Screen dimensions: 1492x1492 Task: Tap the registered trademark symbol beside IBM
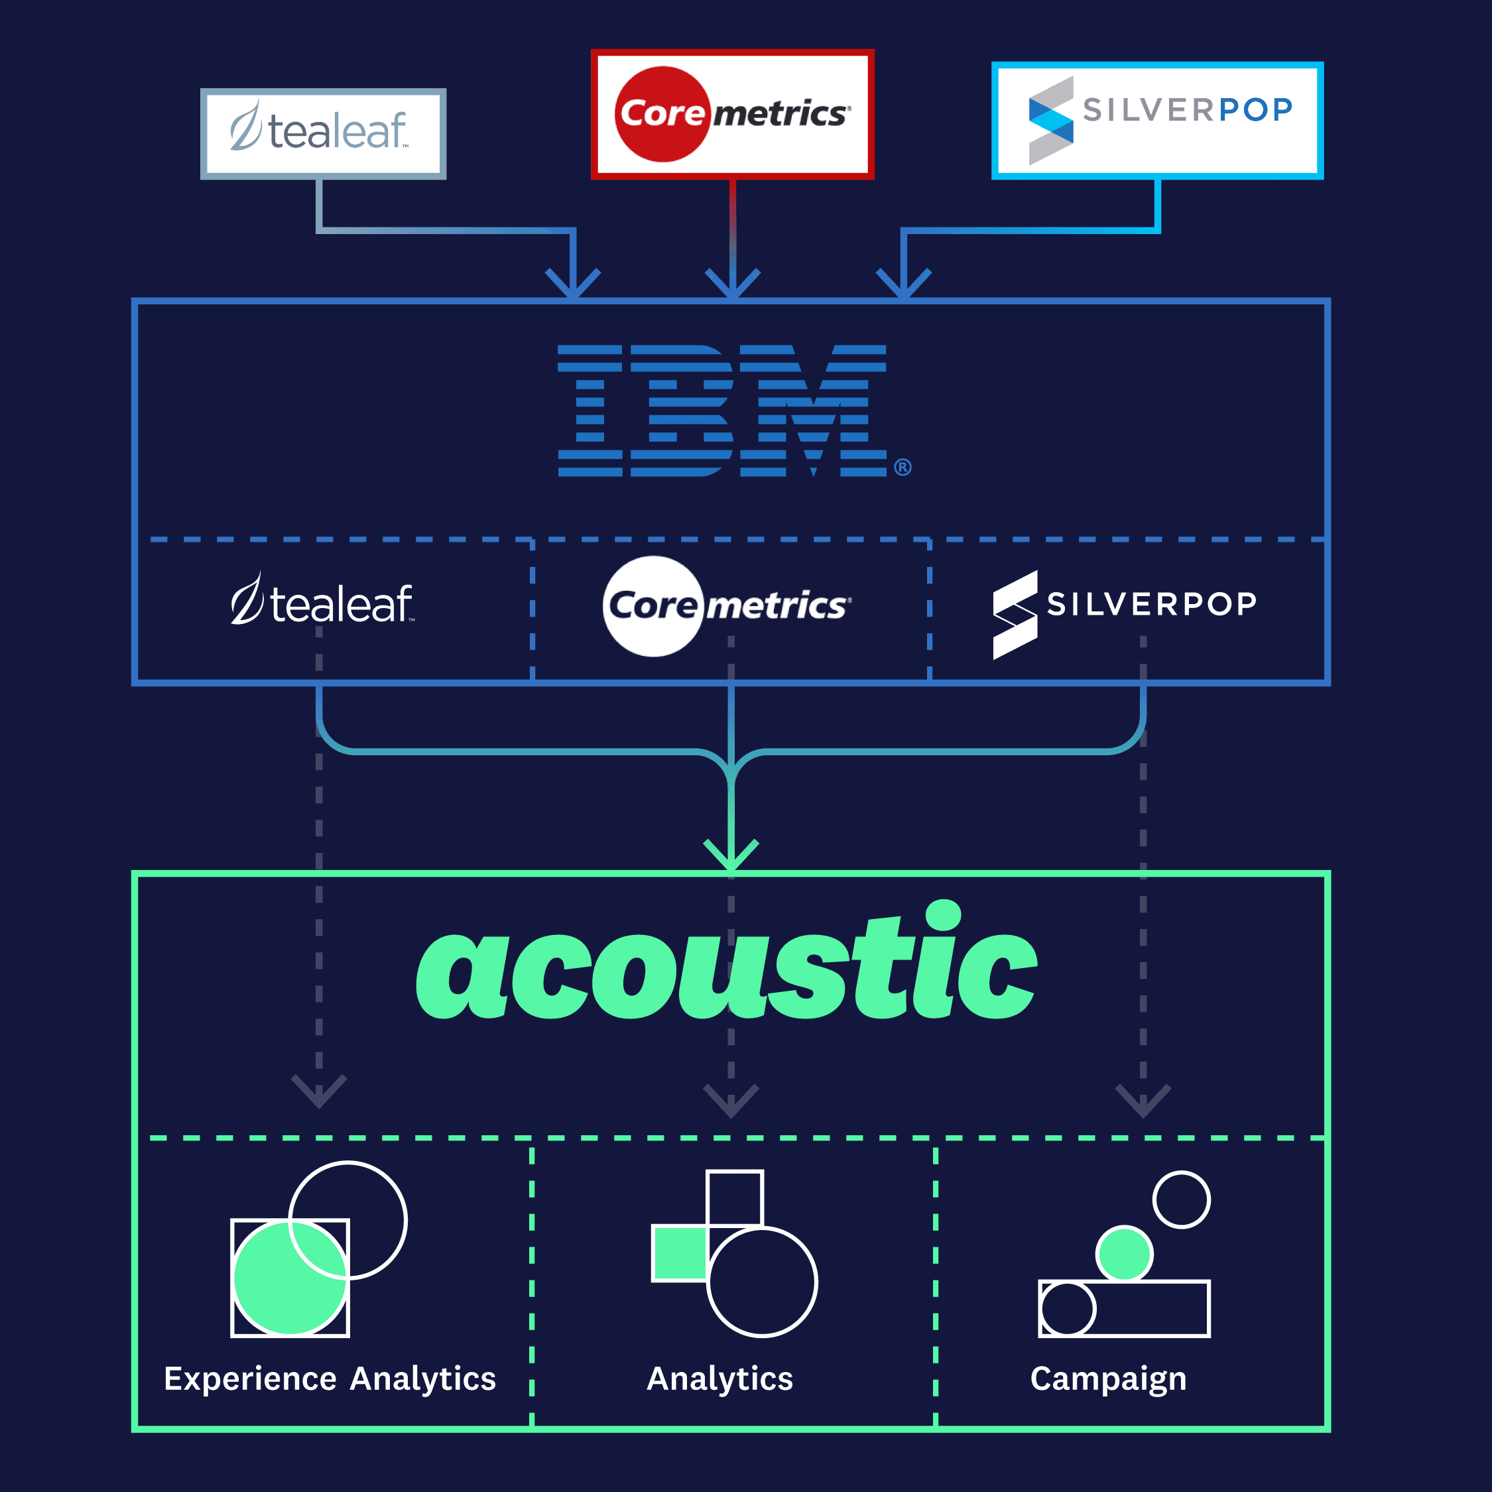[902, 467]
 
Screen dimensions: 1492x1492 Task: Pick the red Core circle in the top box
[662, 114]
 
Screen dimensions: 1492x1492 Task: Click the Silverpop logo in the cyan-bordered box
[1158, 120]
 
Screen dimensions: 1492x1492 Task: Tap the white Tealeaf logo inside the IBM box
[322, 601]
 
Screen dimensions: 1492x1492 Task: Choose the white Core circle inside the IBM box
[654, 605]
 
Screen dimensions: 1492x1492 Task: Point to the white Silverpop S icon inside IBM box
[1015, 615]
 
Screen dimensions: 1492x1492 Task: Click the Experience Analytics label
[330, 1379]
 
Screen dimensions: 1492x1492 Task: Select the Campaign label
[1108, 1379]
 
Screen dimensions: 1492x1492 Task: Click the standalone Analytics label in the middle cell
[719, 1379]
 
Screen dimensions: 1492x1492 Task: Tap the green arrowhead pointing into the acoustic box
[731, 855]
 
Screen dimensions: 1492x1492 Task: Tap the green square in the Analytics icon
[680, 1253]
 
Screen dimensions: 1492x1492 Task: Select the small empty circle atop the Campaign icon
[1182, 1200]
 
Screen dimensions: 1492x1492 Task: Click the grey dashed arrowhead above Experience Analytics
[319, 1091]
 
